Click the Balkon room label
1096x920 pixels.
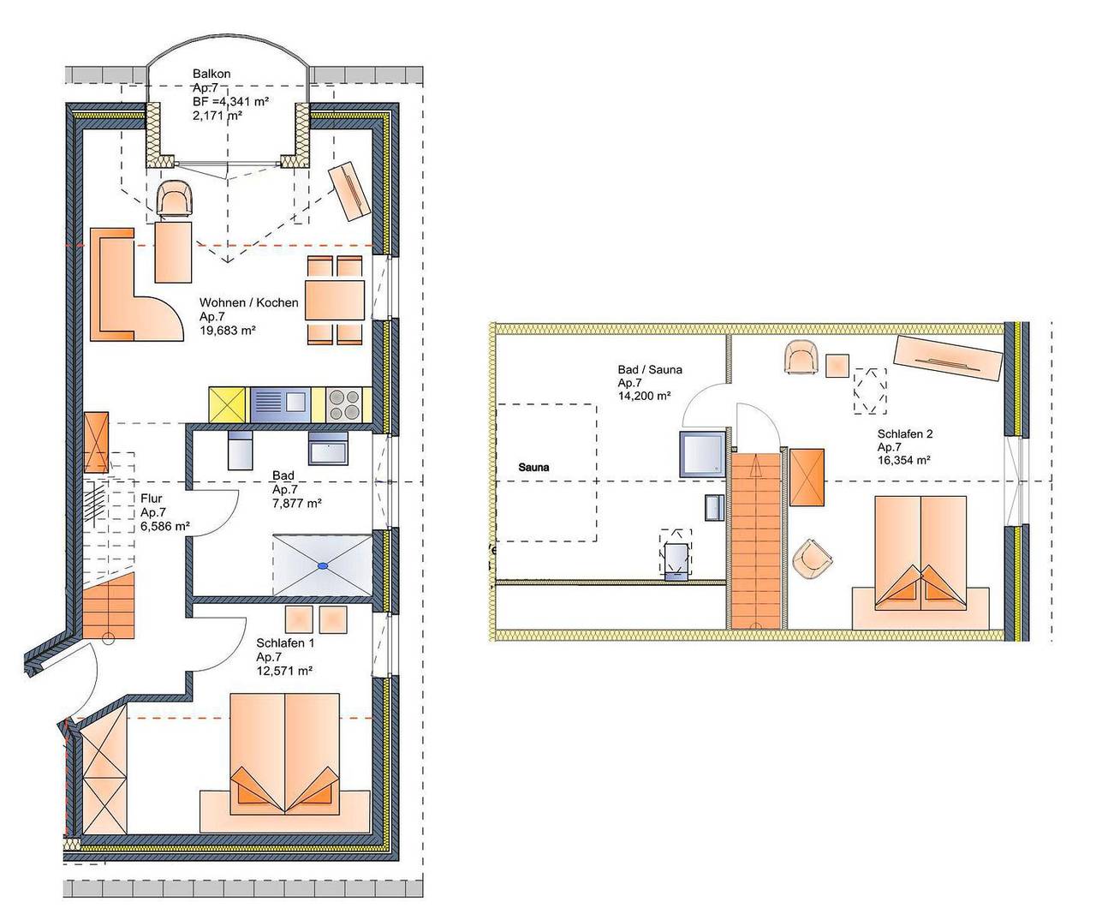[211, 74]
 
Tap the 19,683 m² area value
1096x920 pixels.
[227, 331]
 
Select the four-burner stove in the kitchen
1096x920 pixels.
[344, 404]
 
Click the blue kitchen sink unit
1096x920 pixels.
[280, 404]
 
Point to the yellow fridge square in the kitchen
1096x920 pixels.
[227, 404]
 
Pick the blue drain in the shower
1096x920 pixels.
[322, 565]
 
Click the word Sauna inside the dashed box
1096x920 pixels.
[533, 467]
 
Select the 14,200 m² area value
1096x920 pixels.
[644, 396]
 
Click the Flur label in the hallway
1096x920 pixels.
[152, 499]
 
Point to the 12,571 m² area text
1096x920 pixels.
[284, 671]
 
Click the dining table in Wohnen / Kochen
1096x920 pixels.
[335, 300]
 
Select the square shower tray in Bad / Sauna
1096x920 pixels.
[702, 454]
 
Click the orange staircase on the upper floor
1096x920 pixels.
[756, 541]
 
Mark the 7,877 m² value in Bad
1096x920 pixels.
[296, 503]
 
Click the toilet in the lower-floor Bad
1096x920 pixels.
[240, 450]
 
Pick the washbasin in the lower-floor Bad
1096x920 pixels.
[328, 448]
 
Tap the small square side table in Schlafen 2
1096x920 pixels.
[837, 366]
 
